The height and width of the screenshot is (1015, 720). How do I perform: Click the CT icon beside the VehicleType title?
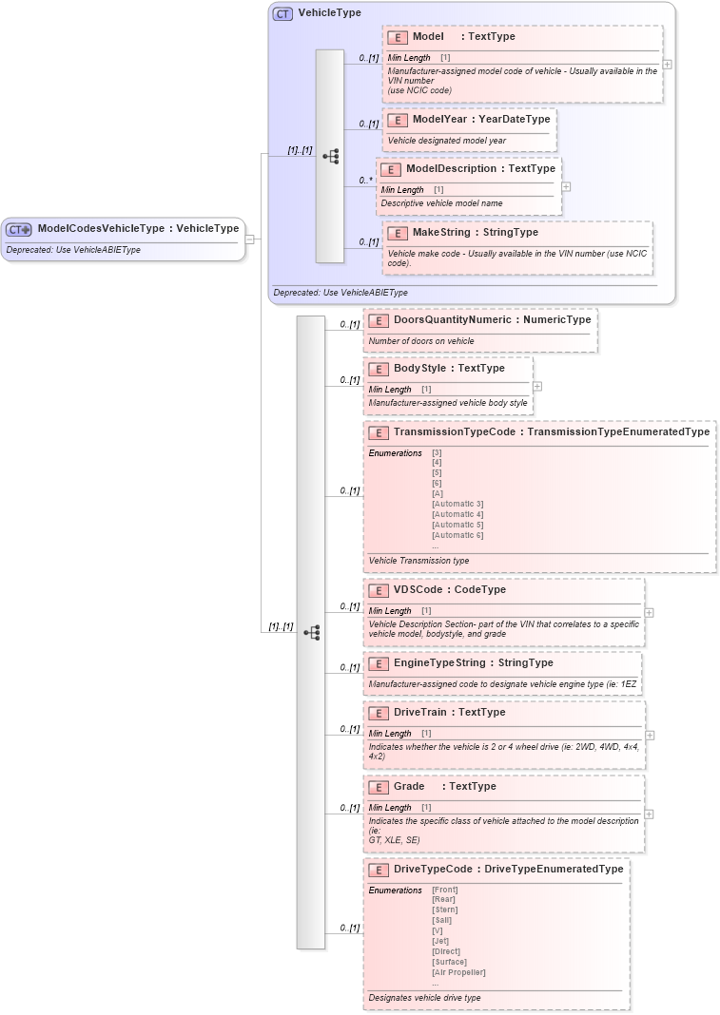pos(282,14)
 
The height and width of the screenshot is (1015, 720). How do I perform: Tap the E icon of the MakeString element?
pos(398,233)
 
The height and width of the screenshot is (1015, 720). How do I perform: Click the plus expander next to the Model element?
pos(667,65)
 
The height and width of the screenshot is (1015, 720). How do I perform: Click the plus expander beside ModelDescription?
pos(566,186)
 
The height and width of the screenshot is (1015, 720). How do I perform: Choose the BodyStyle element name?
pos(421,369)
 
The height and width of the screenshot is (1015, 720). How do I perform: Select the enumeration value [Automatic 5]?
pos(457,525)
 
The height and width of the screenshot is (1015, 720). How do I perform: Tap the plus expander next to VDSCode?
pos(649,612)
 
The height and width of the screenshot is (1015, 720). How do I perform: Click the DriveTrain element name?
pos(422,713)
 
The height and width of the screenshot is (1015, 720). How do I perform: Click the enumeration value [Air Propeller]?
pos(458,972)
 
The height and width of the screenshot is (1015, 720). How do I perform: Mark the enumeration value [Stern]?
pos(444,910)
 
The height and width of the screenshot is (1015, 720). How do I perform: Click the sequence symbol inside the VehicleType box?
pos(330,156)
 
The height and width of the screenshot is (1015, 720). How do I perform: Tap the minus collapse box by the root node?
pos(249,239)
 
